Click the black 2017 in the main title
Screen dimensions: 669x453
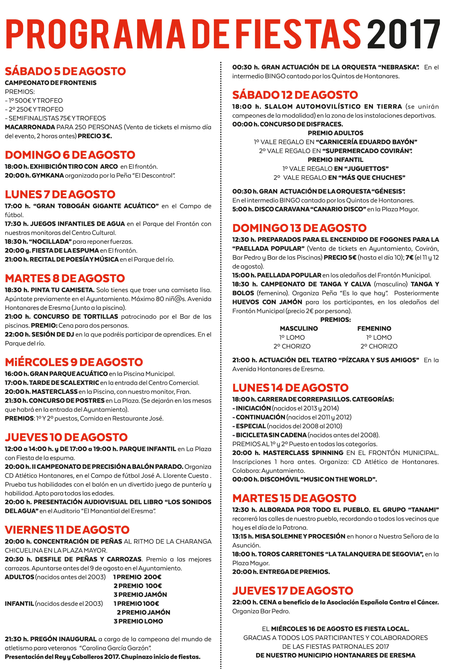(403, 34)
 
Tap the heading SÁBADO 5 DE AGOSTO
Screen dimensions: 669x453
(65, 71)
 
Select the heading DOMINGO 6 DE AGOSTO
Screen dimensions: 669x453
(70, 155)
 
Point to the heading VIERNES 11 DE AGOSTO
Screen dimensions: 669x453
(67, 530)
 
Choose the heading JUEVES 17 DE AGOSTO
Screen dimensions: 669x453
(293, 591)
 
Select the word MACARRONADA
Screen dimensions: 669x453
(30, 127)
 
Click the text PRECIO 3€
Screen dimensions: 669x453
(95, 136)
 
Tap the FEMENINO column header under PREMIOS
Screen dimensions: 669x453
(374, 328)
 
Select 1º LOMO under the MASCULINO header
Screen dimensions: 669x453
(292, 337)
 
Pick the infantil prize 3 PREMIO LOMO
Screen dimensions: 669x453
(138, 621)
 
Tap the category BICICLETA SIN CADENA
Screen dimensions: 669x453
(271, 435)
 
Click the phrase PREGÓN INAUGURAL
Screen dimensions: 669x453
(63, 639)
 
